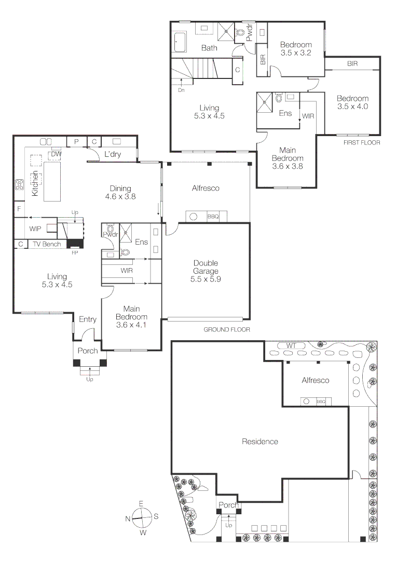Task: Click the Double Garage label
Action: click(x=206, y=267)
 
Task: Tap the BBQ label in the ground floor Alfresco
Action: click(x=213, y=217)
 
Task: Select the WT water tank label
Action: click(x=291, y=346)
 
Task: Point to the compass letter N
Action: click(x=128, y=518)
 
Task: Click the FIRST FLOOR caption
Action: click(x=362, y=142)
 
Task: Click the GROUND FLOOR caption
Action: click(x=227, y=329)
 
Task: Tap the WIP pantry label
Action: click(x=35, y=229)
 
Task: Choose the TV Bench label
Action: click(x=47, y=244)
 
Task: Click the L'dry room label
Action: click(x=113, y=154)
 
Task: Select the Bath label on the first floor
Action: click(x=209, y=48)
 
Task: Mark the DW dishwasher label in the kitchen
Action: click(x=57, y=154)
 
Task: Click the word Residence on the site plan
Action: click(x=260, y=442)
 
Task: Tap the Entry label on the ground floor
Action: click(x=88, y=319)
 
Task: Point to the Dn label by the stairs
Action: click(x=181, y=90)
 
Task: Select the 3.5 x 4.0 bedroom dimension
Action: click(x=352, y=106)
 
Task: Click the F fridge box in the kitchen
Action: click(x=19, y=209)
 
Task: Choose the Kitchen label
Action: click(x=35, y=183)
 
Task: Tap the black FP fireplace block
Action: click(x=75, y=244)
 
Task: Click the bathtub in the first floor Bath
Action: click(x=179, y=42)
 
